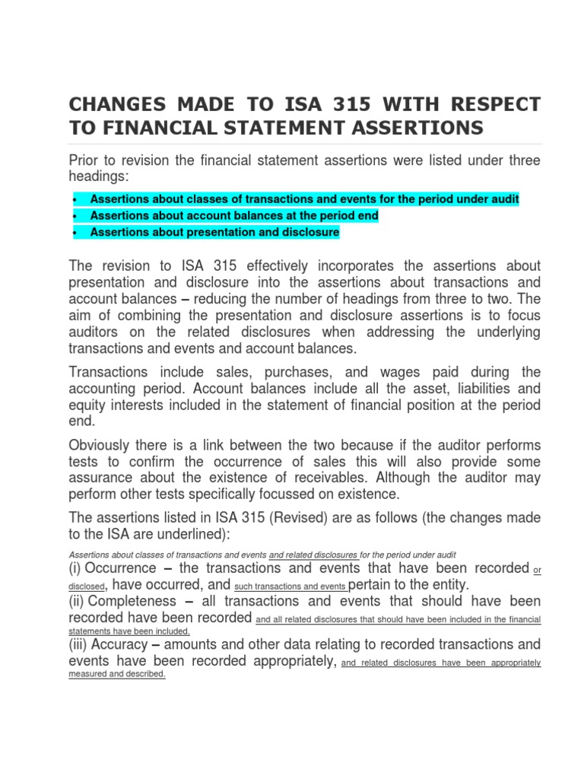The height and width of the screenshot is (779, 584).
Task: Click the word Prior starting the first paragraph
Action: click(x=86, y=160)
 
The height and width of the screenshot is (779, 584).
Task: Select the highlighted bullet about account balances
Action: click(x=234, y=216)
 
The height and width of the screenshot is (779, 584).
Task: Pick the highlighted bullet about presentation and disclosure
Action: click(x=214, y=232)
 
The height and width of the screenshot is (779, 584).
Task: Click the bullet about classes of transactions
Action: click(x=304, y=199)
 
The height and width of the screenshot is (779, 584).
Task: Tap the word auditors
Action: click(x=97, y=332)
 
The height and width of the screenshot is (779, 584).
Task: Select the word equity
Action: click(x=88, y=405)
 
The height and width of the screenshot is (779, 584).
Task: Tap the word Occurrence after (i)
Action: click(x=125, y=568)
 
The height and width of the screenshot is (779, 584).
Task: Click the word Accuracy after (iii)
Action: click(x=137, y=644)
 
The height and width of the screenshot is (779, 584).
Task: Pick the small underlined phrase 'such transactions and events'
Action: click(x=291, y=587)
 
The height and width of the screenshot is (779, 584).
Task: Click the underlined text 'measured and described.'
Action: click(x=117, y=674)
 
